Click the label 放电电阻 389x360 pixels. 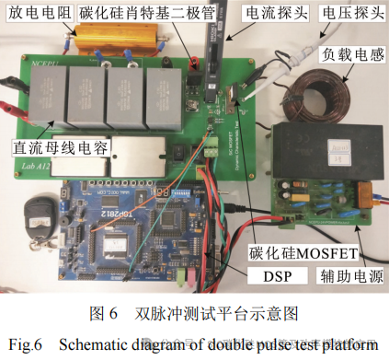(x=31, y=14)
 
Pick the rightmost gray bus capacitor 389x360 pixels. (x=171, y=98)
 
